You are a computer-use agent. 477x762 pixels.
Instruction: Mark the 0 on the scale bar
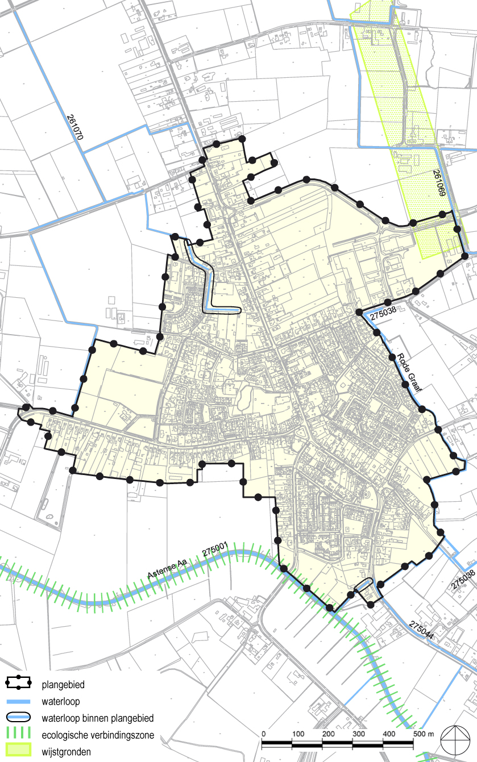tap(263, 734)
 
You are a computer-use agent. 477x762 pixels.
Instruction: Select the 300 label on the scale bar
tap(358, 734)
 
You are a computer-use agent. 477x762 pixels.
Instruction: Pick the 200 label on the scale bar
tap(327, 734)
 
